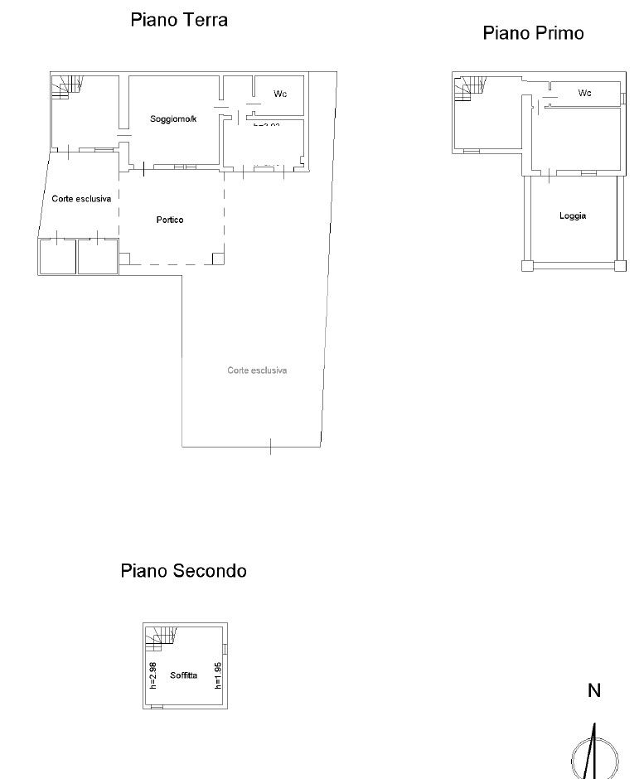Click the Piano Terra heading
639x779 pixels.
tap(179, 20)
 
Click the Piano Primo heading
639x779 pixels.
tap(533, 33)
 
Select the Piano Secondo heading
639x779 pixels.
tap(183, 570)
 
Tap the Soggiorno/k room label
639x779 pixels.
tap(173, 119)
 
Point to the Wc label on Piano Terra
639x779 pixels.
tap(280, 94)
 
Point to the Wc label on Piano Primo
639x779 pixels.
tap(584, 93)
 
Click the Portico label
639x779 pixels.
tap(169, 220)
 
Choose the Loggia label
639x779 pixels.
tap(573, 215)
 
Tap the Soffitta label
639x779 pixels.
tap(183, 675)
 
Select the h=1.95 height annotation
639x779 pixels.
tap(218, 675)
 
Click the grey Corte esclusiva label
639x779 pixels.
tap(257, 370)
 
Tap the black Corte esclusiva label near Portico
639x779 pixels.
tap(81, 199)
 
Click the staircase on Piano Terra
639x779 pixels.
tap(68, 85)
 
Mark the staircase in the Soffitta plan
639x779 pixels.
tap(162, 636)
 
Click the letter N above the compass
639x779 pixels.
tap(593, 690)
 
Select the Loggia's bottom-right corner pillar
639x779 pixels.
tap(620, 266)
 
